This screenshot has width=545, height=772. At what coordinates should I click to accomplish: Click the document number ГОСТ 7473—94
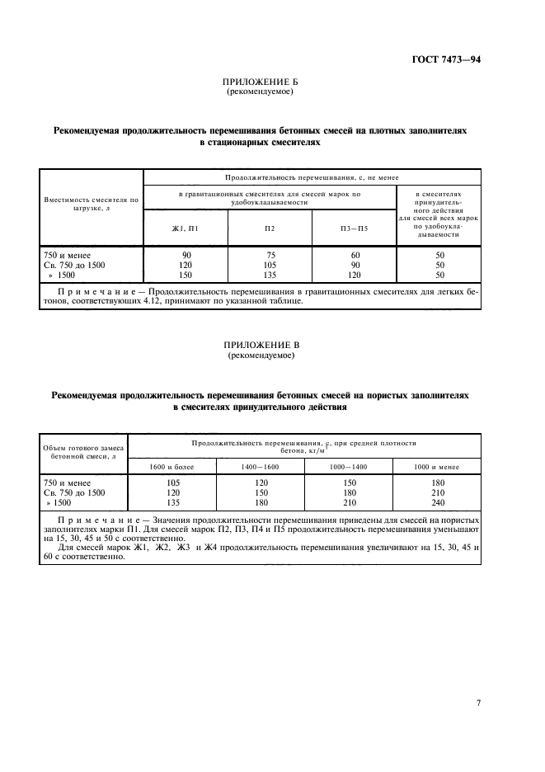click(x=445, y=59)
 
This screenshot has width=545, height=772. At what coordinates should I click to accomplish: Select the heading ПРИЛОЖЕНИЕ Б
click(x=260, y=83)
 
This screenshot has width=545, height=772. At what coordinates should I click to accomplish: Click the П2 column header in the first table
click(x=270, y=228)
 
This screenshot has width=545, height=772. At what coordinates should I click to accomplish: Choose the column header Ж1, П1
click(x=186, y=228)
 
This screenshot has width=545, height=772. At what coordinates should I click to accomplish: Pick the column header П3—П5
click(x=355, y=228)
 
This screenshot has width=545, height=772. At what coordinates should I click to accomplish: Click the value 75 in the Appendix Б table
click(x=270, y=256)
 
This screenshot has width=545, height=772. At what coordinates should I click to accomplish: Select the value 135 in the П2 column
click(x=270, y=275)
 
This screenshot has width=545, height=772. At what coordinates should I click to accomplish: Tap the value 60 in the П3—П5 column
click(x=355, y=256)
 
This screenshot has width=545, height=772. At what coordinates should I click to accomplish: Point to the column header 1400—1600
click(x=261, y=467)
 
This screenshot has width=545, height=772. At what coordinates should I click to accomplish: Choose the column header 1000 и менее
click(x=437, y=467)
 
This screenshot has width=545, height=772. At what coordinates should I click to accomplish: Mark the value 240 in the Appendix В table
click(x=437, y=501)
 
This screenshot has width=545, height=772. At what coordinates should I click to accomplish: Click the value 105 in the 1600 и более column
click(x=173, y=482)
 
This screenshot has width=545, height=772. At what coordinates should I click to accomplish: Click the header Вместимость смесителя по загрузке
click(x=92, y=204)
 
